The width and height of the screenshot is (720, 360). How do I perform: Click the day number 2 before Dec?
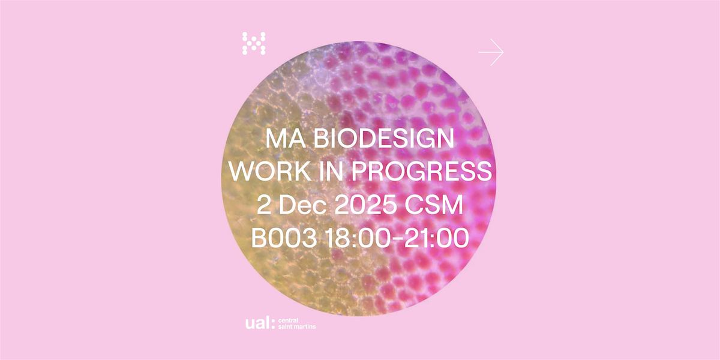265,206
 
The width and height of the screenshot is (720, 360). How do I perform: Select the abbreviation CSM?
435,206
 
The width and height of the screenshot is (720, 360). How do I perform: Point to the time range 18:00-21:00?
396,238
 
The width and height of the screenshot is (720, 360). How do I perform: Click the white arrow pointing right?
491,52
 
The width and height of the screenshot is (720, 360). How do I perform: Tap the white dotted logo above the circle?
254,44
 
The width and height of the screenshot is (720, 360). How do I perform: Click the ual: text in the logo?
260,323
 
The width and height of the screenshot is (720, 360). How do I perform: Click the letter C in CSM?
415,206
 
